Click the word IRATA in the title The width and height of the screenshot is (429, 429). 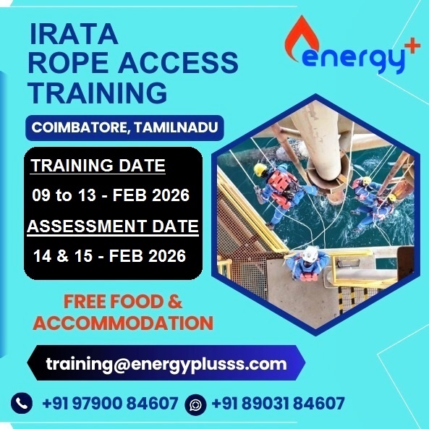tap(74, 34)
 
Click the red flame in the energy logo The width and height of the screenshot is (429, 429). tap(302, 38)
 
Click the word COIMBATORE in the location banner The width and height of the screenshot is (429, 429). tap(79, 127)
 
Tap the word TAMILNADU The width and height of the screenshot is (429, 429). tap(177, 127)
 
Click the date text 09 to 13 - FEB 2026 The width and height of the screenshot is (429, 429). tap(111, 195)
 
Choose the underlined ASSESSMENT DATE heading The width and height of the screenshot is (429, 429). tap(113, 226)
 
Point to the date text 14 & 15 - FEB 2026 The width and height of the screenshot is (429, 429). tap(109, 256)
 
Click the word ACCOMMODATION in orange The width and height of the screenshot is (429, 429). tap(123, 323)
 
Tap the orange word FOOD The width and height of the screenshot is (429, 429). tap(137, 302)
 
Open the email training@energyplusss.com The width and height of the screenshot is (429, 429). tap(166, 364)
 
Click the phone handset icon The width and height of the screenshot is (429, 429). tap(22, 403)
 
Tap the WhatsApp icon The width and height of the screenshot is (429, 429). tap(195, 404)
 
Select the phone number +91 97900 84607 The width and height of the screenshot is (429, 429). tap(110, 403)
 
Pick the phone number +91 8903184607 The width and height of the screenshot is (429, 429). tap(278, 403)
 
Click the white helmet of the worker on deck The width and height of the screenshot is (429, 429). tap(310, 254)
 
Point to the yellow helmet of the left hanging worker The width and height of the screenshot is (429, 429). tap(260, 170)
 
